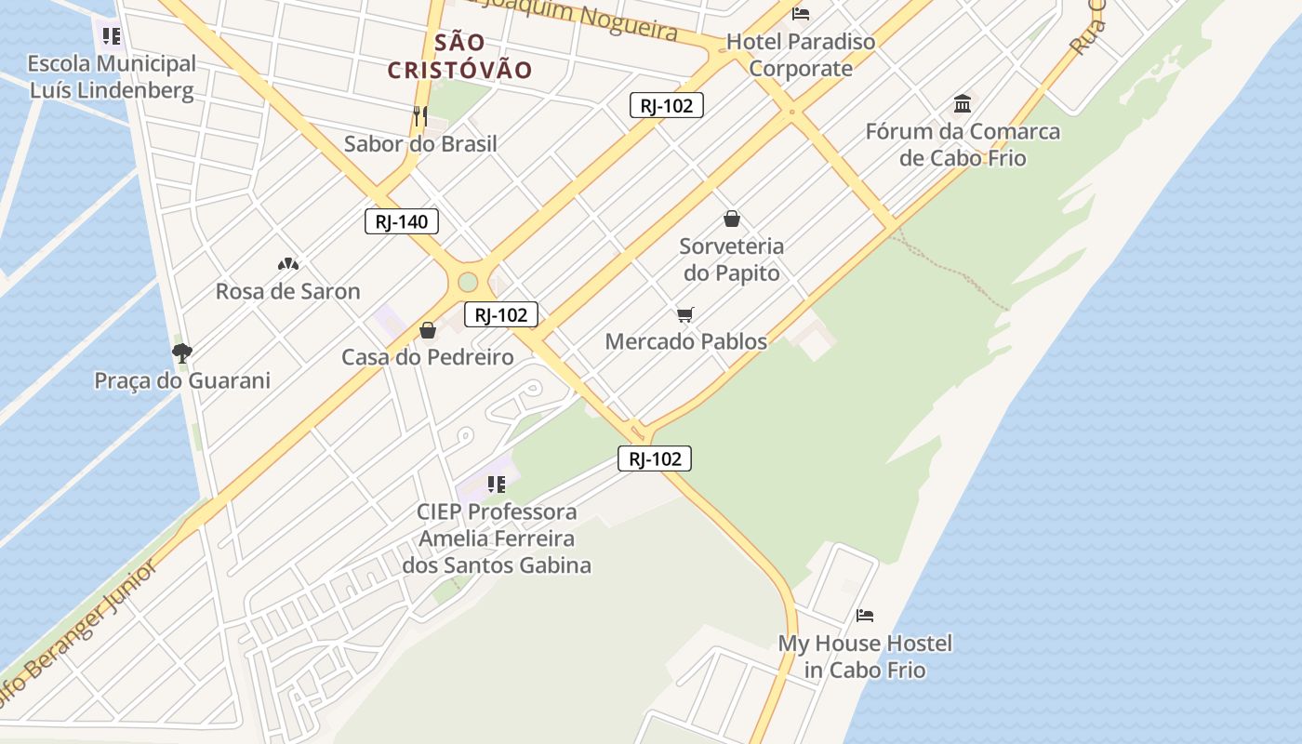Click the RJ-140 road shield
pyautogui.click(x=402, y=221)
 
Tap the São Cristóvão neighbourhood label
pyautogui.click(x=459, y=56)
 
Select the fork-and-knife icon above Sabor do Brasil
pyautogui.click(x=420, y=115)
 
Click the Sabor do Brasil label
pyautogui.click(x=420, y=144)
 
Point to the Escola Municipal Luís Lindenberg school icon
pyautogui.click(x=112, y=36)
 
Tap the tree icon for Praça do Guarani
pyautogui.click(x=182, y=352)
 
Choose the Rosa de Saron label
pyautogui.click(x=287, y=291)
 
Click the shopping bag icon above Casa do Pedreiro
pyautogui.click(x=428, y=330)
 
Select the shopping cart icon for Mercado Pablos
pyautogui.click(x=685, y=314)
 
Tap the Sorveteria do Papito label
pyautogui.click(x=731, y=259)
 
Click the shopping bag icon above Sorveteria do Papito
pyautogui.click(x=732, y=219)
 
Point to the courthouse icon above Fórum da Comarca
pyautogui.click(x=963, y=103)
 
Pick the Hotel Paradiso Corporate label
pyautogui.click(x=801, y=55)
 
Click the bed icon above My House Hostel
pyautogui.click(x=865, y=616)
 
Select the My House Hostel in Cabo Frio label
pyautogui.click(x=865, y=657)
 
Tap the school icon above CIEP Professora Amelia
pyautogui.click(x=497, y=484)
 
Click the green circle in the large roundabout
pyautogui.click(x=468, y=282)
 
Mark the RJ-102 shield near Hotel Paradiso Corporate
pyautogui.click(x=666, y=105)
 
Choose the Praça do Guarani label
pyautogui.click(x=182, y=380)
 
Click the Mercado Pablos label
pyautogui.click(x=686, y=341)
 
